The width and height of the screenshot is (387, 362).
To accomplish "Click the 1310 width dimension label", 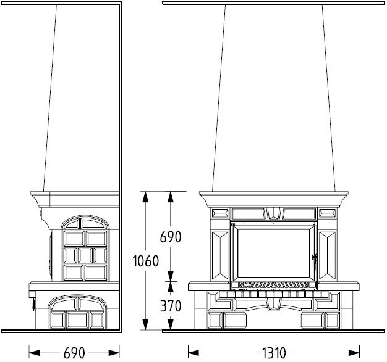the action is [x=273, y=353].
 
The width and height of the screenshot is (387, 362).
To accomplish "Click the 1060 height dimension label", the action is [x=146, y=261].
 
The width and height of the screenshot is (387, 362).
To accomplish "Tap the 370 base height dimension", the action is [x=171, y=306].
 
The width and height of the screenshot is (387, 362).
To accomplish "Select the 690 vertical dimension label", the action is [x=171, y=237].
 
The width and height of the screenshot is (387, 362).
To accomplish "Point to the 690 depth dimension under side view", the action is [x=74, y=353].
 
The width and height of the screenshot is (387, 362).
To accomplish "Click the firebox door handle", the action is [x=315, y=261].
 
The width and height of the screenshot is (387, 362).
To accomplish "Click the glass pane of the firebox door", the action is [x=273, y=253].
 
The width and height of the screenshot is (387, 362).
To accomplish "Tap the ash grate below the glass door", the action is [x=273, y=285].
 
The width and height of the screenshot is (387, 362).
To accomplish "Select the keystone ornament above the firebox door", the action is [x=273, y=213].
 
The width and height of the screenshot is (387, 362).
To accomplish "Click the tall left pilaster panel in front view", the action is [x=220, y=255].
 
